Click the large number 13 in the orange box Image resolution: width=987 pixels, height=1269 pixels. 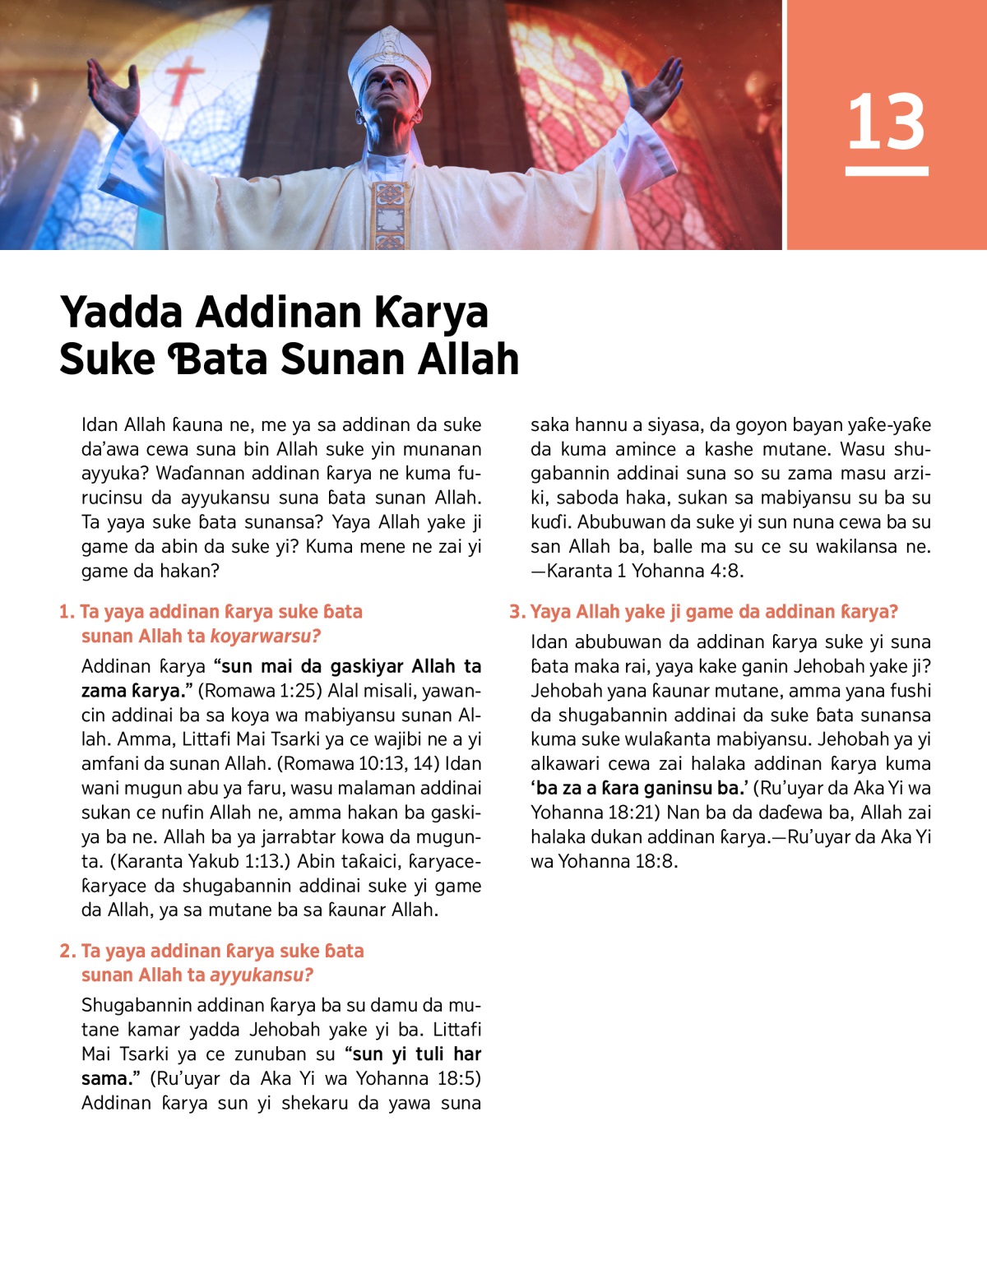(886, 122)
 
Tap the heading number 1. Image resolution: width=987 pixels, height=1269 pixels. (66, 612)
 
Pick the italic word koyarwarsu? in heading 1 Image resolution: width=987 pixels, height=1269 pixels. (265, 637)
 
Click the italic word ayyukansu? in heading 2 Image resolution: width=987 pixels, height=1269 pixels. (262, 975)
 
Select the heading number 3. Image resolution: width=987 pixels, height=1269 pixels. (516, 612)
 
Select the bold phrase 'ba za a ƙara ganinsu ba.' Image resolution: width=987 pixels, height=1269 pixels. (638, 788)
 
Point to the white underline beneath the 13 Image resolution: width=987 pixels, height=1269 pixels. (887, 171)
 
